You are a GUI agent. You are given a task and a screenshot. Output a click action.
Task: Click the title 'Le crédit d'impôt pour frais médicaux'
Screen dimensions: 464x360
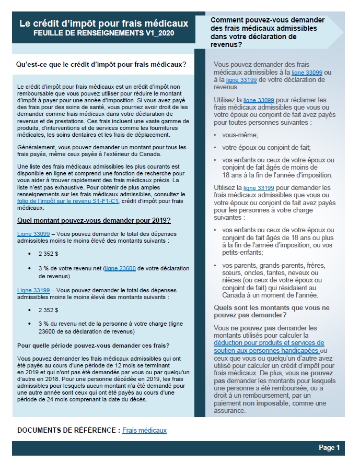coord(103,23)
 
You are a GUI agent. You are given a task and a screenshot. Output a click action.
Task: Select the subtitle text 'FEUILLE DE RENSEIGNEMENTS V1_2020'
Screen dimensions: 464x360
coord(103,33)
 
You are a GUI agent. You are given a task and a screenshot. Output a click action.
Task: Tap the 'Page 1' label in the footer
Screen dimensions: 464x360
coord(329,448)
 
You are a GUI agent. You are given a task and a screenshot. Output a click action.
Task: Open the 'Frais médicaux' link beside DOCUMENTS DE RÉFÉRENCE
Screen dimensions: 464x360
coord(144,431)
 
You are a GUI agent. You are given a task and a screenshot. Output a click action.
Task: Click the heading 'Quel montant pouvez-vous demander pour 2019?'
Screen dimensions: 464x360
coord(94,221)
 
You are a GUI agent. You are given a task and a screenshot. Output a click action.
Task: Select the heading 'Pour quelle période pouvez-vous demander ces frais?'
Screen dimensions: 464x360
coord(93,345)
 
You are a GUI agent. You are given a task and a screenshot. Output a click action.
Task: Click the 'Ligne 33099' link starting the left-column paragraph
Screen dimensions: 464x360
coord(33,234)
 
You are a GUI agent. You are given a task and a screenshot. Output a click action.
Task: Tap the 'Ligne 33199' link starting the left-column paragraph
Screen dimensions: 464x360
coord(33,290)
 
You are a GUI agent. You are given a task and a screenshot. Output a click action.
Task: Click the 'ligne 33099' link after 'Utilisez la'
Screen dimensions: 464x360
coord(259,100)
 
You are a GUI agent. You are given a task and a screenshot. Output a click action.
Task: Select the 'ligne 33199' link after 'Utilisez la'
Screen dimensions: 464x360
coord(259,187)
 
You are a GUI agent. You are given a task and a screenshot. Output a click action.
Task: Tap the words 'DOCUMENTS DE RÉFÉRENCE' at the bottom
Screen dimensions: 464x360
coord(66,431)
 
